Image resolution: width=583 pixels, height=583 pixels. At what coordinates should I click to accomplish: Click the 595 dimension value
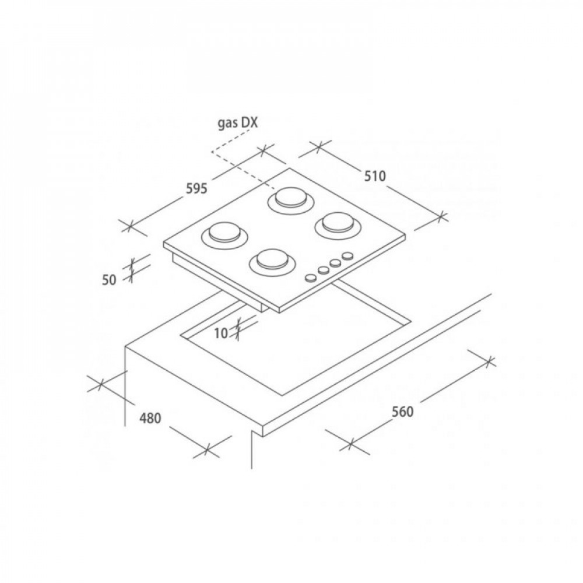pos(196,189)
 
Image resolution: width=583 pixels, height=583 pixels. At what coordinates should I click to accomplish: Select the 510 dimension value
pos(375,176)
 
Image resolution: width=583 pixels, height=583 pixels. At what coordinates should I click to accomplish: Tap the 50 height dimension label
pos(110,280)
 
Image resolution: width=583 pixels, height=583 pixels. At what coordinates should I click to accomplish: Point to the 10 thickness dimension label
pos(221,333)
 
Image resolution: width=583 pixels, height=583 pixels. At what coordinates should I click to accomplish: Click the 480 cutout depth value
pos(150,418)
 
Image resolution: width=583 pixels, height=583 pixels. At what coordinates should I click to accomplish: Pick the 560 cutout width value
pos(402,412)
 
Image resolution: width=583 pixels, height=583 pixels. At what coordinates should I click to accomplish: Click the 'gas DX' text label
pos(237,123)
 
